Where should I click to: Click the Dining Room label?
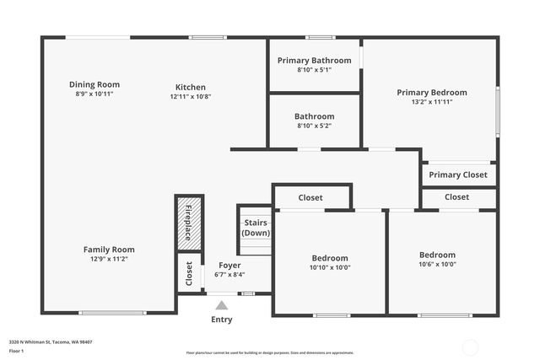[94, 84]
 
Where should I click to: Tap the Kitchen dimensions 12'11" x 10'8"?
[190, 97]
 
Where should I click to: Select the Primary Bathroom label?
[314, 60]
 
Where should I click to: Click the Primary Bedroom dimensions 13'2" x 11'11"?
[431, 102]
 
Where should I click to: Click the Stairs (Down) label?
[256, 228]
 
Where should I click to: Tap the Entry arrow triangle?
[221, 305]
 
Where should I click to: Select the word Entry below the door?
[221, 320]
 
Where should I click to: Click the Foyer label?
[229, 265]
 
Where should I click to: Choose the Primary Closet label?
[458, 175]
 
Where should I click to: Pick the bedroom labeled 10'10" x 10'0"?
[330, 263]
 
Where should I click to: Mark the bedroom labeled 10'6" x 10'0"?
[437, 260]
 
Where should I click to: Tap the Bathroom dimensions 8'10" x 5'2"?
[314, 126]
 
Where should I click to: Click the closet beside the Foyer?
[189, 274]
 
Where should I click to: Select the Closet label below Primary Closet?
[456, 196]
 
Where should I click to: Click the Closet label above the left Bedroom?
[310, 197]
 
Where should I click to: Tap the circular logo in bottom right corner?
[470, 345]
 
